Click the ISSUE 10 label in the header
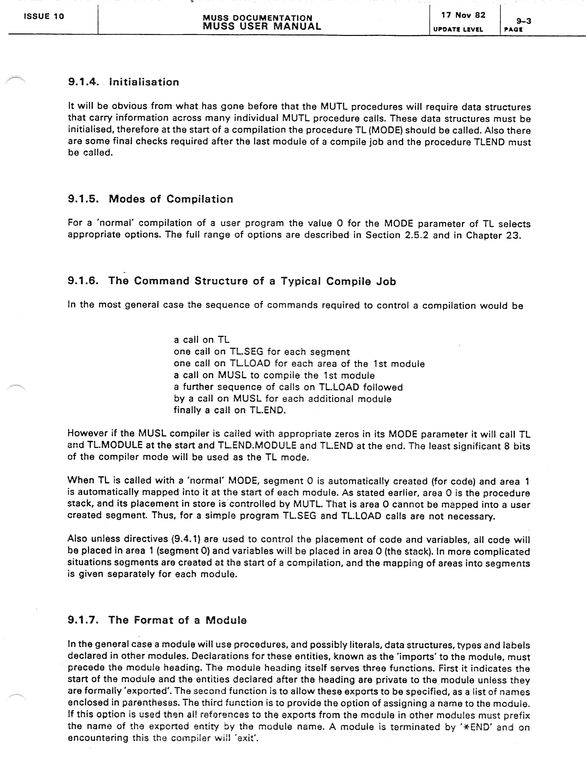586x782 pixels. (44, 16)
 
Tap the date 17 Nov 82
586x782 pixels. (463, 15)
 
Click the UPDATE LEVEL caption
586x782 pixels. (458, 29)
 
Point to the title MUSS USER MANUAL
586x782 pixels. (262, 26)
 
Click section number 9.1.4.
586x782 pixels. (83, 82)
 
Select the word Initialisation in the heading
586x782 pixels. (144, 82)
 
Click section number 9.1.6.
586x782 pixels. (83, 281)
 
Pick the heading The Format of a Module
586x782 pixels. (177, 620)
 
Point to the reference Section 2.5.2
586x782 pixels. (397, 235)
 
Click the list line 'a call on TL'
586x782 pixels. (201, 340)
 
